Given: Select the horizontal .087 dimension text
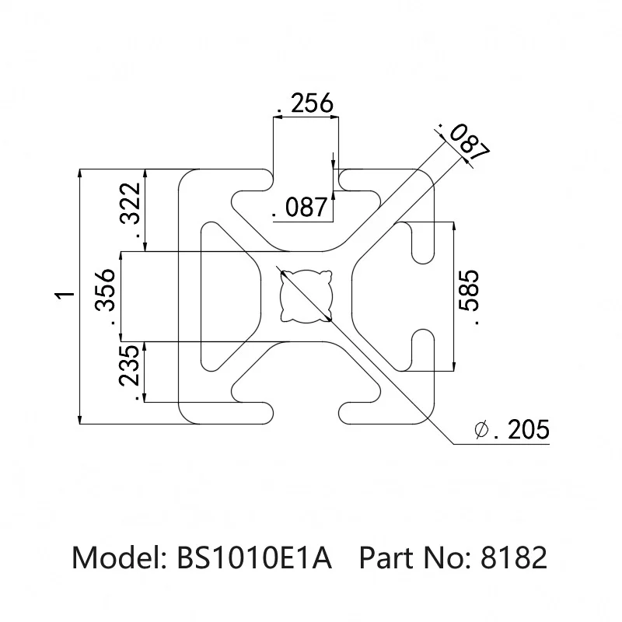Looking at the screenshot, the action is (300, 208).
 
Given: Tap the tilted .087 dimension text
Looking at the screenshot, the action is (463, 141).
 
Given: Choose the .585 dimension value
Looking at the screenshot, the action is (470, 296).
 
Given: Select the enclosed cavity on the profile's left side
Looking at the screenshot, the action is (225, 295).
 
